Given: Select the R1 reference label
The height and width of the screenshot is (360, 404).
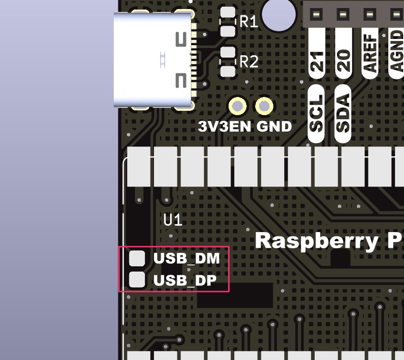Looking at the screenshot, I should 249,21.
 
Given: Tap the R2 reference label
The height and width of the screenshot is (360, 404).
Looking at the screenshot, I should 249,62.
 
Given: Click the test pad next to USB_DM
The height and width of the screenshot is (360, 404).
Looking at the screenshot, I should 137,258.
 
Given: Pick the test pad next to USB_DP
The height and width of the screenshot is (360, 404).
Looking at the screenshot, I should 137,280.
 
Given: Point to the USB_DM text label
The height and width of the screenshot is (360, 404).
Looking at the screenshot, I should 186,259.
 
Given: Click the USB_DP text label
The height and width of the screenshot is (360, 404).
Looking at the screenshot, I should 185,281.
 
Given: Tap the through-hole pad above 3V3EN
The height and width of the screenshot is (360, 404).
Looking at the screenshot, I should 237,106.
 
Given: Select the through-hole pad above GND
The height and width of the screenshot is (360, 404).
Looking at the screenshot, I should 264,106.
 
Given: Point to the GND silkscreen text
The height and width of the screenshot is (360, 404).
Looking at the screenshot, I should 274,126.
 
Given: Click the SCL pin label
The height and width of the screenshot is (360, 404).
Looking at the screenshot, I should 317,113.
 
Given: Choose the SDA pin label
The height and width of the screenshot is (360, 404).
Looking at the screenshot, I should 343,113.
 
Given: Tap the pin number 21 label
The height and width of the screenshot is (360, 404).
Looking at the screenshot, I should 317,61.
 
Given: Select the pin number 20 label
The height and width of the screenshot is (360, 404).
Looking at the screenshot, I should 344,61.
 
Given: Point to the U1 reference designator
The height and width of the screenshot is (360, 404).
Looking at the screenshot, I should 173,220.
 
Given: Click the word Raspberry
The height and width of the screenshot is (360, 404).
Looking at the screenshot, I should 315,241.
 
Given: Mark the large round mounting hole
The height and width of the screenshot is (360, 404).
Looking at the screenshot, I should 279,13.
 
